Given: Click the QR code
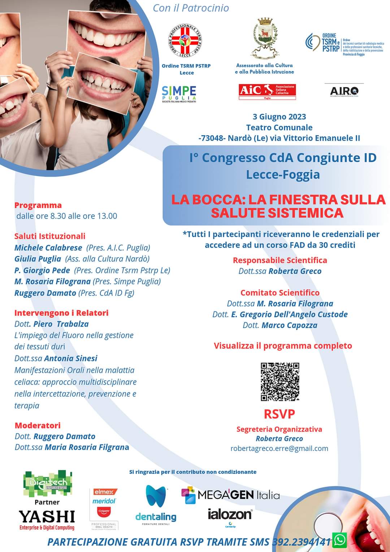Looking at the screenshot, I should click(x=280, y=381).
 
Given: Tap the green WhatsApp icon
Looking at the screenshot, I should click(x=339, y=540).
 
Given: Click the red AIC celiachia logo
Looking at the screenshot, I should click(x=267, y=91).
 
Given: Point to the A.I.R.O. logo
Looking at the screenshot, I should click(x=344, y=91).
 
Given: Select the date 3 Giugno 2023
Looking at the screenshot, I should click(x=279, y=117).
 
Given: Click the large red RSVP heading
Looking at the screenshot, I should click(x=279, y=414).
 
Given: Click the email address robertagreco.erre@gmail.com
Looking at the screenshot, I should click(x=279, y=448).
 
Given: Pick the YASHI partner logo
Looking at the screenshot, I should click(x=47, y=517).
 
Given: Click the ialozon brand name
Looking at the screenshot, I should click(x=230, y=514).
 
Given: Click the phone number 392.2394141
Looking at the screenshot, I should click(x=301, y=542).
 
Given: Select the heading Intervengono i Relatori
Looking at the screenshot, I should click(x=61, y=313).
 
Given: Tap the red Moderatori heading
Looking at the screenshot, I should click(x=38, y=425).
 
